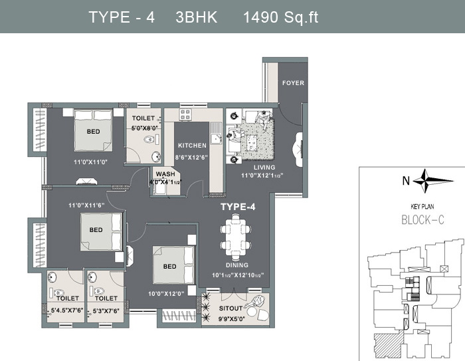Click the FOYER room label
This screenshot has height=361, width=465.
pyautogui.click(x=293, y=83)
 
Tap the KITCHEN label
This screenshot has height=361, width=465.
pyautogui.click(x=192, y=146)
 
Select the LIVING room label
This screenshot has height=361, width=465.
pyautogui.click(x=264, y=168)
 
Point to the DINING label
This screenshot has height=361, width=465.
pyautogui.click(x=237, y=265)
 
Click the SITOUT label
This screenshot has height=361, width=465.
pyautogui.click(x=231, y=308)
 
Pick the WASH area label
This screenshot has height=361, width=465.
pyautogui.click(x=165, y=174)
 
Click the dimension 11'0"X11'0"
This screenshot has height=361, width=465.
pyautogui.click(x=90, y=162)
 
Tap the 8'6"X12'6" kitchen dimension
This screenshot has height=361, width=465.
pyautogui.click(x=191, y=158)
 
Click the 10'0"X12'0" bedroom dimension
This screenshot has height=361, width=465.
pyautogui.click(x=166, y=294)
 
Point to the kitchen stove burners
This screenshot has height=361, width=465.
pyautogui.click(x=185, y=114)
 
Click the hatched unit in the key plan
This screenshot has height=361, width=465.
pyautogui.click(x=389, y=344)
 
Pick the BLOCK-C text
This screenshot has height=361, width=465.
pyautogui.click(x=422, y=220)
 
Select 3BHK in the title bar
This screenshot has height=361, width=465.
pyautogui.click(x=197, y=17)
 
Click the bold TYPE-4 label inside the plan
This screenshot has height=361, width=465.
pyautogui.click(x=238, y=207)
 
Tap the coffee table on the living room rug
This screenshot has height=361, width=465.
pyautogui.click(x=252, y=142)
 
